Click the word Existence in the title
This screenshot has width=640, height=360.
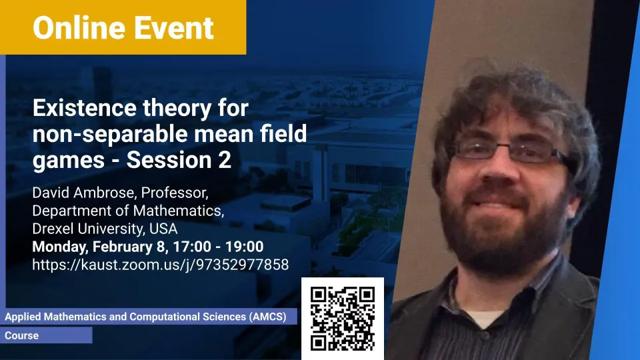pos(85,108)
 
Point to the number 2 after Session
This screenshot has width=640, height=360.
pos(225,160)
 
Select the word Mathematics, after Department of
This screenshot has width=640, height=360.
pos(179,211)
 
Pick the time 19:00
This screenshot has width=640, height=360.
pos(245,247)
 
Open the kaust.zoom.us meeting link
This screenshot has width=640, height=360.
pos(161,265)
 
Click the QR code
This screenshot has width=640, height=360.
pos(343,319)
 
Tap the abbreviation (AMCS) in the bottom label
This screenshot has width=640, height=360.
pos(268,317)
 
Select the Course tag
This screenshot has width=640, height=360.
pos(21,335)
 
